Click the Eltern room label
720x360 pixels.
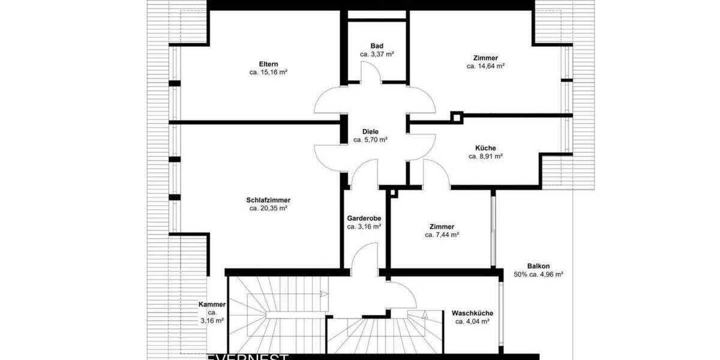click(x=268, y=64)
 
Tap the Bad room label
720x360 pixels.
click(x=377, y=46)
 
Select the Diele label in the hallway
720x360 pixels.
click(x=370, y=131)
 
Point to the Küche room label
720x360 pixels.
click(x=485, y=148)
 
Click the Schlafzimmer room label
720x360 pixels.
click(x=268, y=200)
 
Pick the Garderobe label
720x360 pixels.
click(x=364, y=218)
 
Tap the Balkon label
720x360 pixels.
click(x=538, y=266)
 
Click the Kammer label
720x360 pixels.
click(x=212, y=305)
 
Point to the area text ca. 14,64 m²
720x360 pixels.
click(x=485, y=66)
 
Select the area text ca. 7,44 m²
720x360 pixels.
click(x=442, y=235)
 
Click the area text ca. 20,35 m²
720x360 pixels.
click(x=268, y=209)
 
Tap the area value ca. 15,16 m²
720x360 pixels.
click(x=268, y=73)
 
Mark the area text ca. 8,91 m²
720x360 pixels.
click(x=485, y=156)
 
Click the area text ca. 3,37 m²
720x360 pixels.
click(x=377, y=54)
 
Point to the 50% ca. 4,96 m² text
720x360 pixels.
click(x=538, y=274)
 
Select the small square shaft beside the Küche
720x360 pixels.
click(x=457, y=118)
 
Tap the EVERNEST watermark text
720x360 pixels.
click(x=247, y=356)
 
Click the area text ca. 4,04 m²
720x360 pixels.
click(x=472, y=322)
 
